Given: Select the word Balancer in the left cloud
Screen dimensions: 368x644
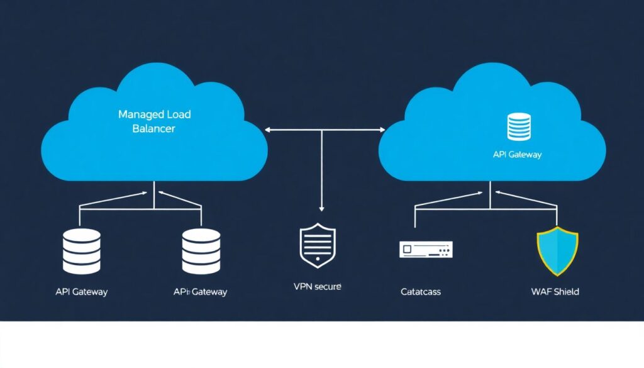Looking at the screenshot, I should coord(154,128).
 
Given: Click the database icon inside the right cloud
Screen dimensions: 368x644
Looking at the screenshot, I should coord(519,126).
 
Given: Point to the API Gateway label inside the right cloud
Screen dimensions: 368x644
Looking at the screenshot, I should coord(517,154).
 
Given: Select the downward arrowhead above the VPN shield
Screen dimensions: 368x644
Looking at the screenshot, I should coord(321,208).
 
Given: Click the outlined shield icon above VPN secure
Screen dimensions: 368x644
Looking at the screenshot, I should coord(318,246).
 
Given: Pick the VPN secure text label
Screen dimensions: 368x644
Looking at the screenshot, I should coord(317,286).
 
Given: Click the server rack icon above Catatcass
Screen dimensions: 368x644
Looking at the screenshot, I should coord(426,250).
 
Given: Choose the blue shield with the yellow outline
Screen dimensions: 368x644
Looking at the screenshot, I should coord(557,252).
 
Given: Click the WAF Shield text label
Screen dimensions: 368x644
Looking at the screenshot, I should coord(555,292).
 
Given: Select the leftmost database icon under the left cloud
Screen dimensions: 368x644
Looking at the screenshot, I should coord(82,251).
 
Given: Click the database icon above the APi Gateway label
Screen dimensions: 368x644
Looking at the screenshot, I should coord(201,251).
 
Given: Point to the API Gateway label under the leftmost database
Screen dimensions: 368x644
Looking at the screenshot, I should coord(82,292).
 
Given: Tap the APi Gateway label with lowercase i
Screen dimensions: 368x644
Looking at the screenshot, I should coord(200,292).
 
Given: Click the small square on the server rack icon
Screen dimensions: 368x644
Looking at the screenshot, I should coord(408,250).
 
